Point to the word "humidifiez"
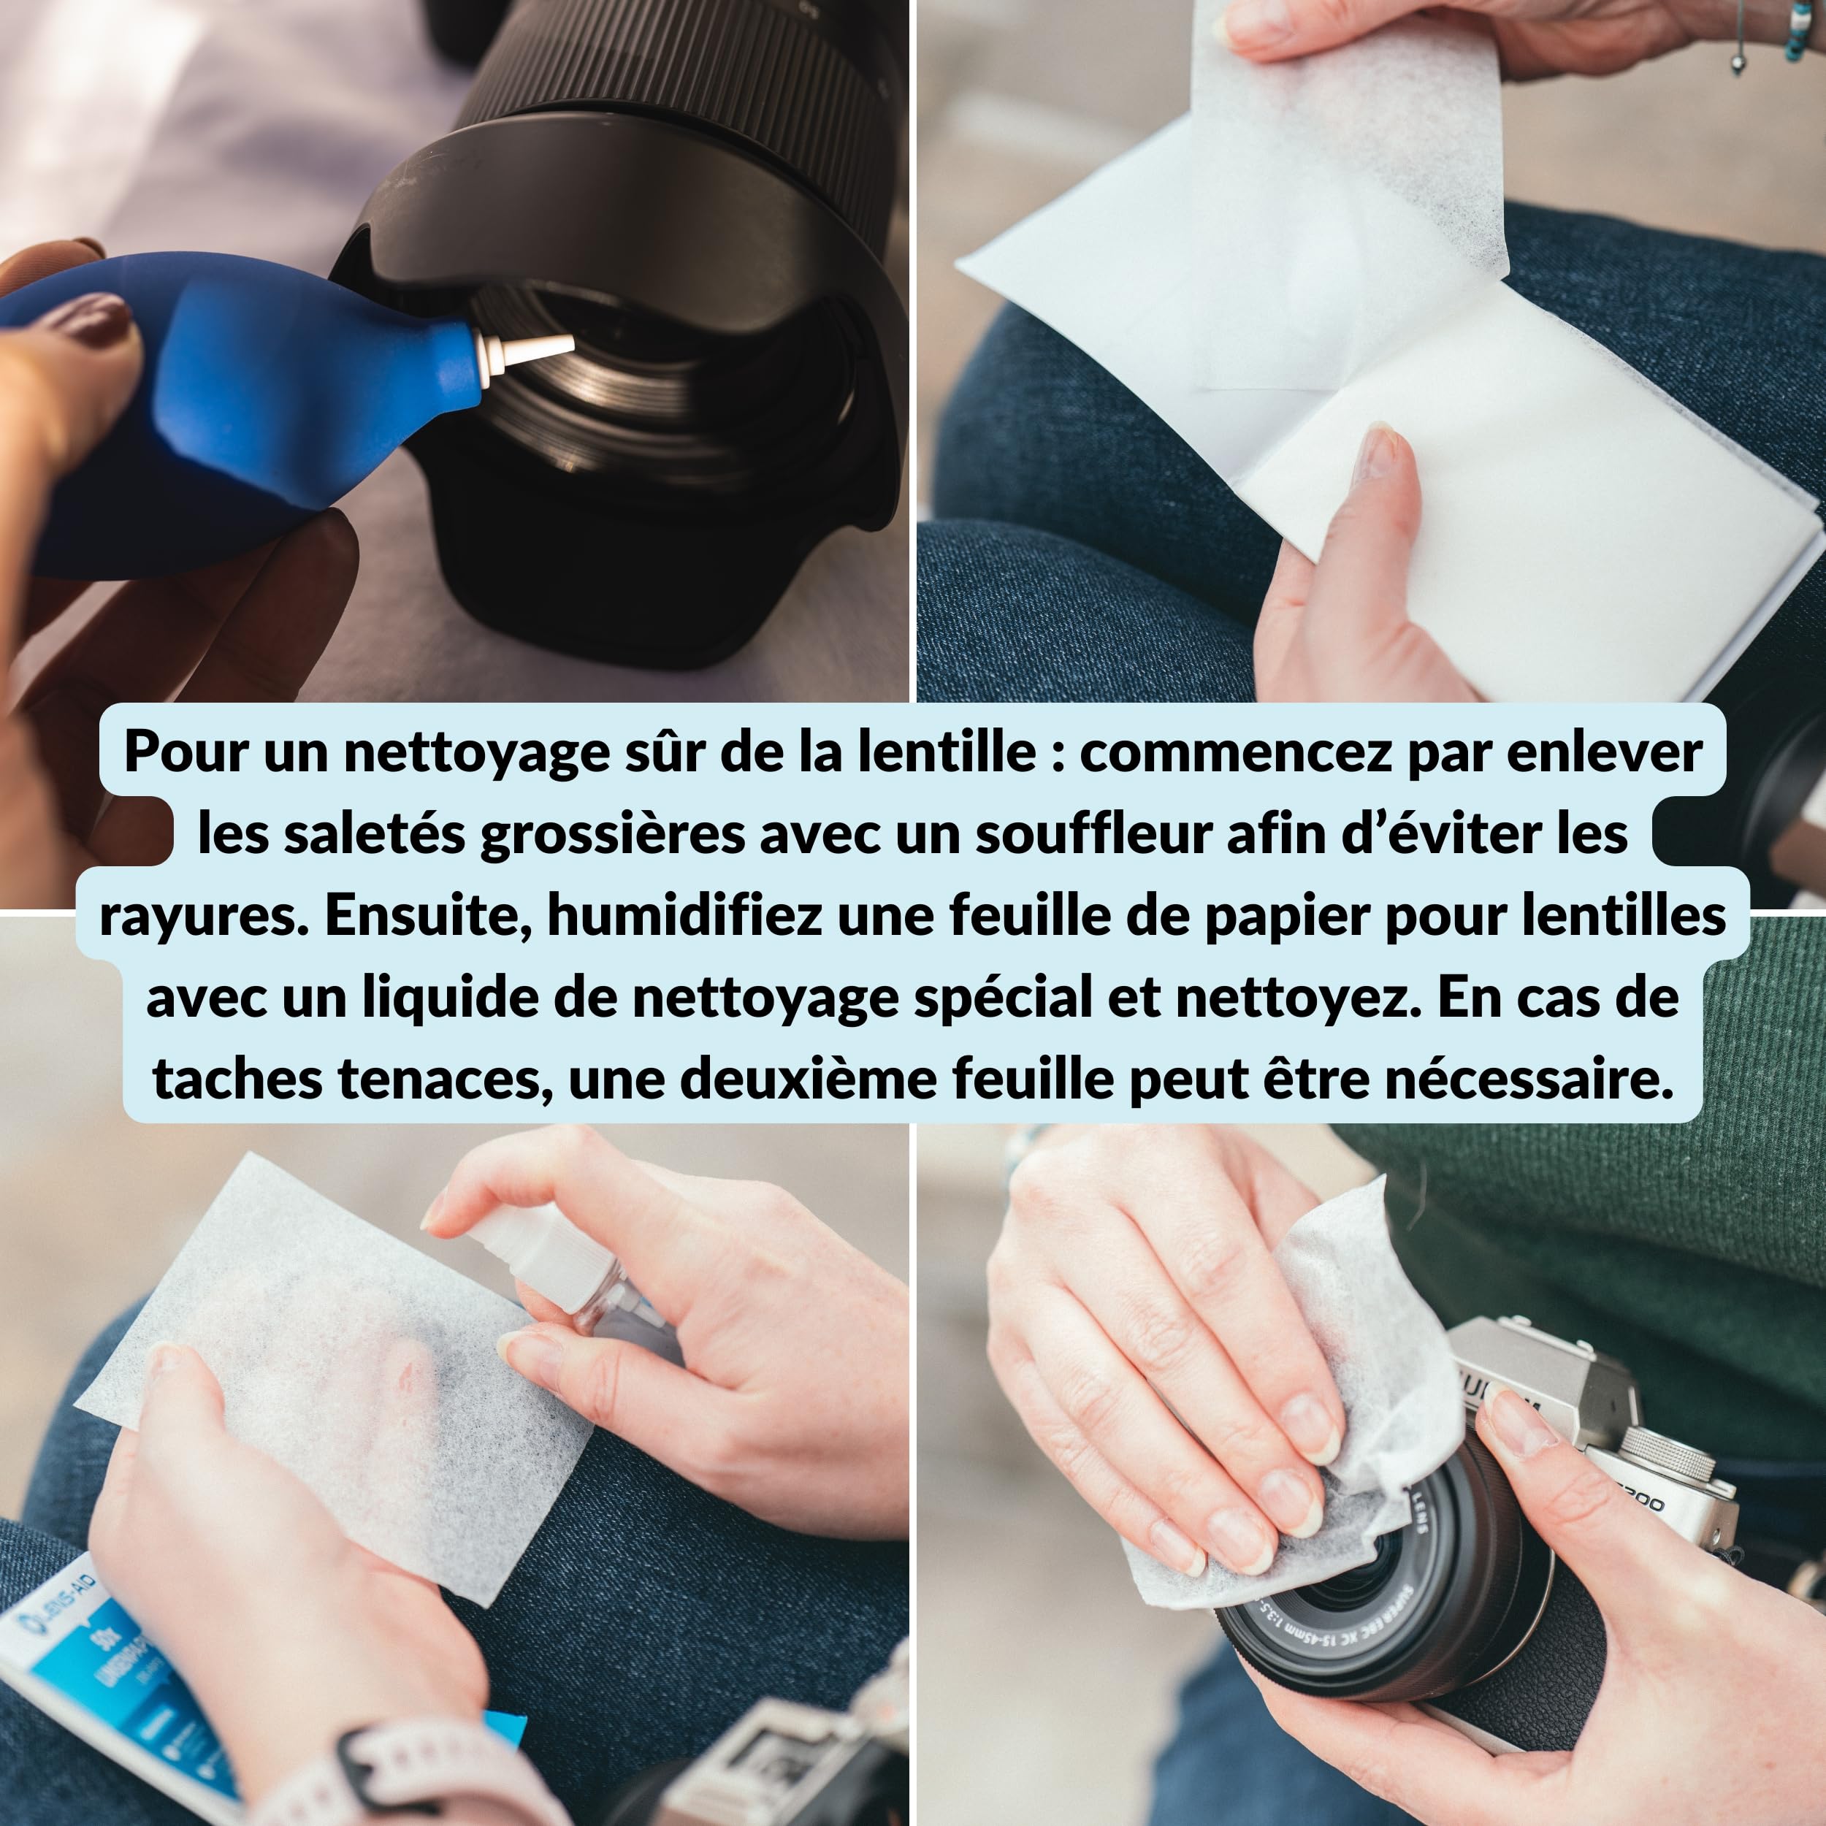point(684,915)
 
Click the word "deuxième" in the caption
point(808,1078)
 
